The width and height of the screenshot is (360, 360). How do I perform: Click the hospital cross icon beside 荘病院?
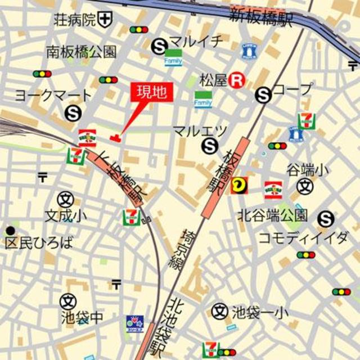105,20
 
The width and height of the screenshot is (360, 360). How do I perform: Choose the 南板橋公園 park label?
81,52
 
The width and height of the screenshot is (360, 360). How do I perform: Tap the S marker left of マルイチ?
160,46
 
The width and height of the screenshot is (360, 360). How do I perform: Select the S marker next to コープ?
263,95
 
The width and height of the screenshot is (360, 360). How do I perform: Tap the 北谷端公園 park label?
272,214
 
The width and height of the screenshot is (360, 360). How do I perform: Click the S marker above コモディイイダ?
326,219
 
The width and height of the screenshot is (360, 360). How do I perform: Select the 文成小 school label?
66,215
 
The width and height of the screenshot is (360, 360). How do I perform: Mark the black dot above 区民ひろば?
10,231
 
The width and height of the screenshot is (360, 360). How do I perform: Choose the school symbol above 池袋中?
69,301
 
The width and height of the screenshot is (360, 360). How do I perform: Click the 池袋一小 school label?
255,311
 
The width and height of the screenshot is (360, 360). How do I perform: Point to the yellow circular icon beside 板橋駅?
240,184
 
